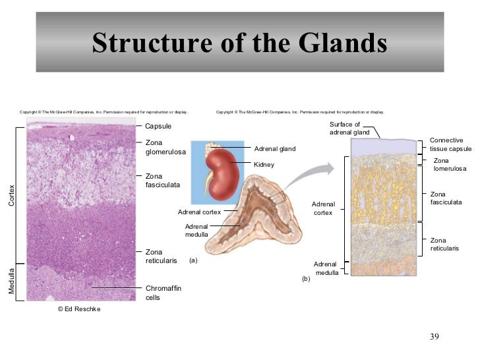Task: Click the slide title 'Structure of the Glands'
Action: [x=239, y=43]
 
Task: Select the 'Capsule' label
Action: [x=158, y=126]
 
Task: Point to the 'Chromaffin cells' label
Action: [x=163, y=293]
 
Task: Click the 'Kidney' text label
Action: [x=264, y=164]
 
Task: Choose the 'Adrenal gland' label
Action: [x=275, y=149]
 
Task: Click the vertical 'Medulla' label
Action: [x=11, y=281]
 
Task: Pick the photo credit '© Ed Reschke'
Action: [x=79, y=309]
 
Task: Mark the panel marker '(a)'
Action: [x=193, y=260]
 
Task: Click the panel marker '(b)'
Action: [x=305, y=280]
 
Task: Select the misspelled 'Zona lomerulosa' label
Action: [x=450, y=165]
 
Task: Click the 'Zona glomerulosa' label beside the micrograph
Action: [x=165, y=148]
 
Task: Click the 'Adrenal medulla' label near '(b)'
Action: [x=326, y=268]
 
